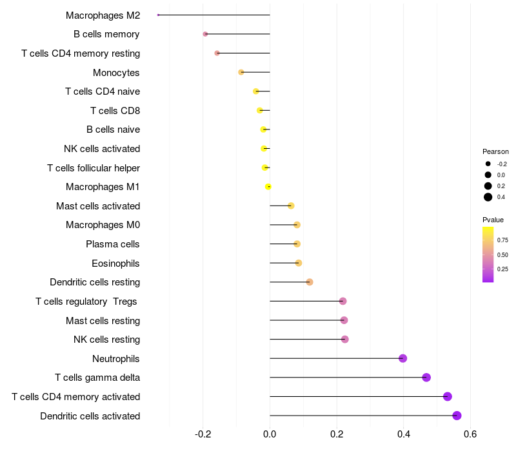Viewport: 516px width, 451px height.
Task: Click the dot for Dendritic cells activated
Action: (457, 416)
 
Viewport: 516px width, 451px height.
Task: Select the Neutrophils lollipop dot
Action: (402, 358)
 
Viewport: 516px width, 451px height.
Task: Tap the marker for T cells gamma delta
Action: (426, 378)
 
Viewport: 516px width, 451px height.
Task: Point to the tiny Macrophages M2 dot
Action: (158, 15)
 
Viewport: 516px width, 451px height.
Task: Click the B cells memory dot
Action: (205, 34)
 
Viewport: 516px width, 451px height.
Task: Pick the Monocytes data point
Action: (241, 72)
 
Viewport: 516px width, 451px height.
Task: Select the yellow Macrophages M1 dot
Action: (268, 187)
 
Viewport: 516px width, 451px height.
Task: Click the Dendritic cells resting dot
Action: (310, 282)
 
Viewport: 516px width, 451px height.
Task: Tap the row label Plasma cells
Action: (112, 244)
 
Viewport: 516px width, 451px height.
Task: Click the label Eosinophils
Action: (115, 264)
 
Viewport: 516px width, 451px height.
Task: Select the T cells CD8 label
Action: (115, 111)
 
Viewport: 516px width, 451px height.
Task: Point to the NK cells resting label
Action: (106, 340)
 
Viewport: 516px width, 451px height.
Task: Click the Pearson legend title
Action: (495, 151)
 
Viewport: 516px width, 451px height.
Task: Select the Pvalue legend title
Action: (493, 220)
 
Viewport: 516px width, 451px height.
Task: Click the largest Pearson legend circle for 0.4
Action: (488, 197)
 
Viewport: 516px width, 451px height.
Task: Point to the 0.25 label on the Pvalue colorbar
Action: (502, 269)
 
